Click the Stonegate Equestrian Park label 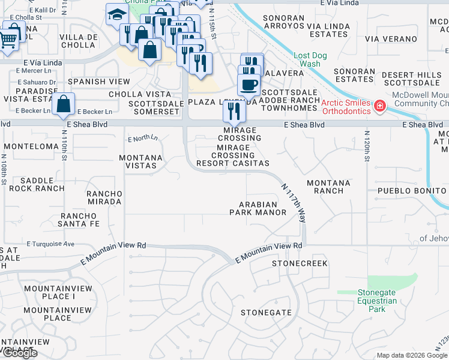point(376,301)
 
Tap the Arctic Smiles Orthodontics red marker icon point(379,106)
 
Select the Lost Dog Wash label point(310,59)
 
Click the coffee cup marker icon point(249,85)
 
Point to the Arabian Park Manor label point(258,208)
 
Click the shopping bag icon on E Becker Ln point(64,104)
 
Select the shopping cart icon point(9,40)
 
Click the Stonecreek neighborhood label point(300,263)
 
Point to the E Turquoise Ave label point(50,244)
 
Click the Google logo point(19,353)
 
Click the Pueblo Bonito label point(412,190)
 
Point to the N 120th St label point(366,146)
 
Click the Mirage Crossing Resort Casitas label point(241,155)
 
